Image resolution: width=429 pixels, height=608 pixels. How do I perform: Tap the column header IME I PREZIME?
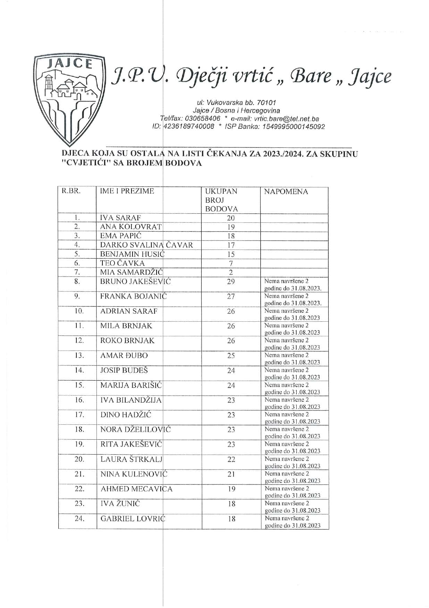point(127,191)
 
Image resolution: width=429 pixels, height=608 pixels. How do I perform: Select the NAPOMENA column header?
point(286,192)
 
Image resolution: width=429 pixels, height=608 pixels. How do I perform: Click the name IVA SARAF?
point(120,218)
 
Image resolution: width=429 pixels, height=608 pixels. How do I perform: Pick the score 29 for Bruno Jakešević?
point(231,282)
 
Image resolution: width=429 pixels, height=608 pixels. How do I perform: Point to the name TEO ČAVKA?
point(122,263)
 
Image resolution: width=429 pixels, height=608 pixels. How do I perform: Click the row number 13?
point(79,356)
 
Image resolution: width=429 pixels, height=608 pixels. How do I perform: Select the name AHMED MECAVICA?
point(136,489)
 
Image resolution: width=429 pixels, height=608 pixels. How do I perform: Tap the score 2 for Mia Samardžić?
point(231,273)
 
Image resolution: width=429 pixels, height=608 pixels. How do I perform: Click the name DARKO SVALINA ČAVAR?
point(146,245)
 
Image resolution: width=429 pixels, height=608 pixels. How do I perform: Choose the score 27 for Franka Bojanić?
point(231,297)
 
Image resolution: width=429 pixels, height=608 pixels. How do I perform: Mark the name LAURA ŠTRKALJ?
point(132,459)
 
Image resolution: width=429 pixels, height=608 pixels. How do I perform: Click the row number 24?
point(79,519)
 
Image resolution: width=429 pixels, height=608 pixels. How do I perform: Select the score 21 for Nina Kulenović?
point(231,474)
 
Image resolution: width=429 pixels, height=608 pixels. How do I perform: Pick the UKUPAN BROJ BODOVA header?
point(221,200)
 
